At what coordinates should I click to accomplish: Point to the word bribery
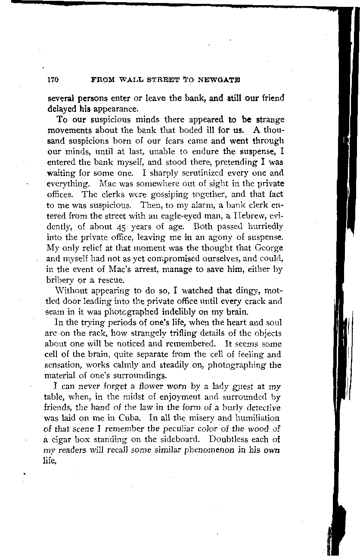click(x=59, y=280)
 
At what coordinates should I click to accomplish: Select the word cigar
click(x=62, y=439)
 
